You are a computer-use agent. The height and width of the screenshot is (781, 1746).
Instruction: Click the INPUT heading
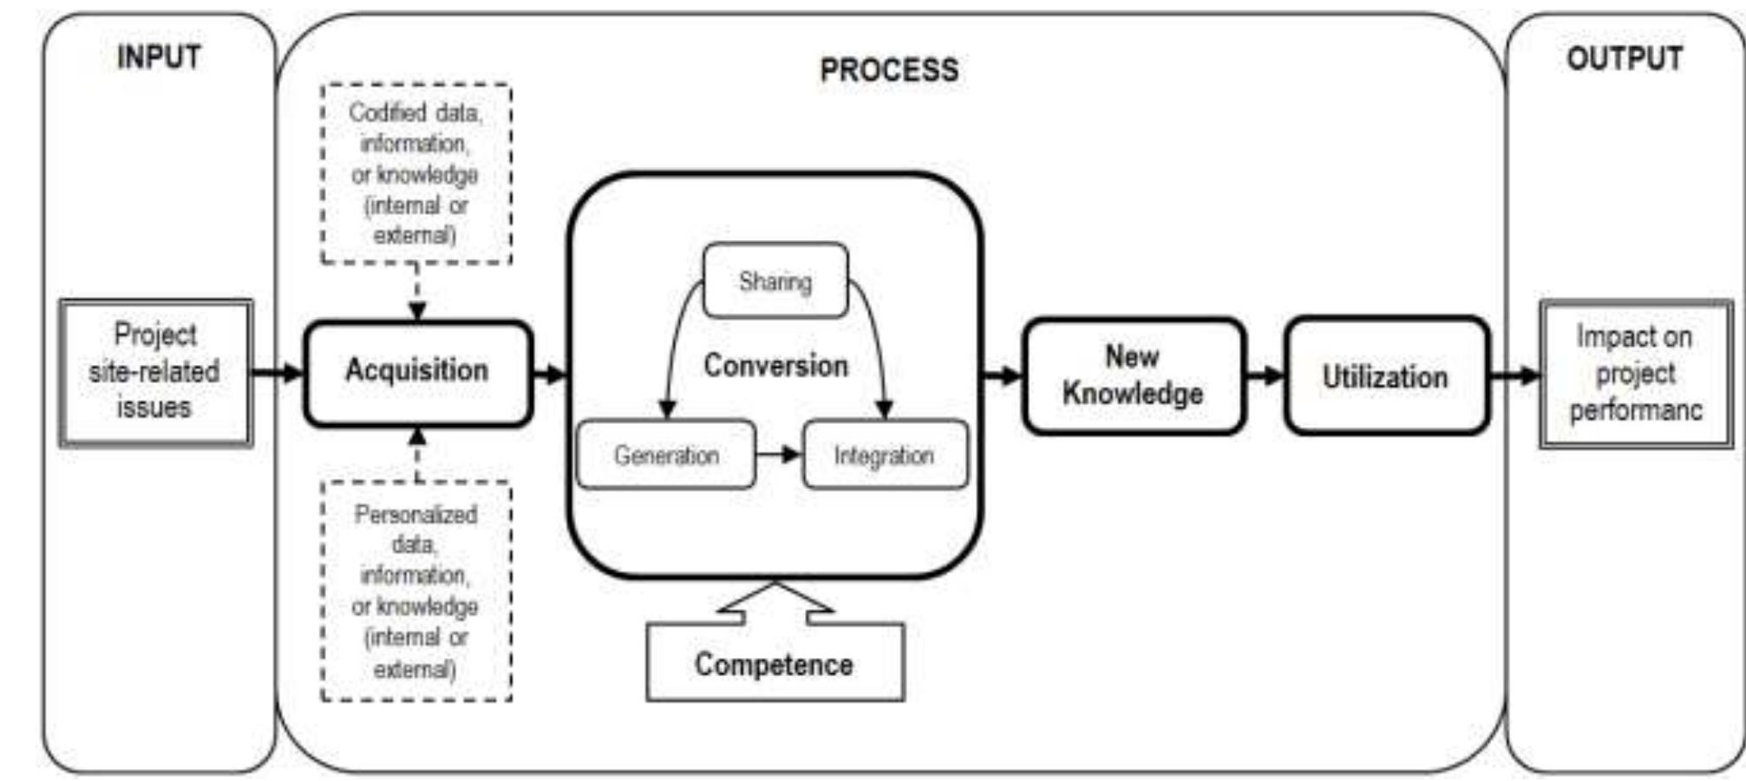(159, 57)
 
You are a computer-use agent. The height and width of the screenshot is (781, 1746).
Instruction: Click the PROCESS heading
(889, 70)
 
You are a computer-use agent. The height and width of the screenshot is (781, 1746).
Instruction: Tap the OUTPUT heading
(1625, 58)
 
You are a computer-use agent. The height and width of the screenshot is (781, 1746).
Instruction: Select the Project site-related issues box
(156, 372)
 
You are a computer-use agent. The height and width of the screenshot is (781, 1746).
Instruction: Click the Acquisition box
(417, 372)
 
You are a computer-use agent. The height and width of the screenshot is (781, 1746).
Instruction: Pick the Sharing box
(775, 281)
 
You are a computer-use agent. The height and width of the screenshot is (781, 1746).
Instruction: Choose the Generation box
(665, 455)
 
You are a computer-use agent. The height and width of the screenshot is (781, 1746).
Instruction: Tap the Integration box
(884, 455)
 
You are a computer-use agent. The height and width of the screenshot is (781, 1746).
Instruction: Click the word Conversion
(775, 366)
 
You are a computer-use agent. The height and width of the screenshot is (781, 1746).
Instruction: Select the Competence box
(775, 664)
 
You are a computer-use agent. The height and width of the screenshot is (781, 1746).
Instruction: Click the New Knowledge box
(1133, 375)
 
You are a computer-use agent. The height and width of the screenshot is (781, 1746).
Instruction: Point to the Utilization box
(1385, 376)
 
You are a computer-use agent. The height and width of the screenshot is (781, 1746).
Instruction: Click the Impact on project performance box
(1636, 374)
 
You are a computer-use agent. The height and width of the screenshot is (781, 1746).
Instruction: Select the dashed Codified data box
(415, 173)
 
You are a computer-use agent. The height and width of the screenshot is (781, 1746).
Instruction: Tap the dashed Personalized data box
(415, 591)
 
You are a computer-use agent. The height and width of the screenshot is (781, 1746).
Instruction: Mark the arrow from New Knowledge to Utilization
(1265, 375)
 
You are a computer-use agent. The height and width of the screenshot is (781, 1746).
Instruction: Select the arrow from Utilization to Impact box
(1514, 375)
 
